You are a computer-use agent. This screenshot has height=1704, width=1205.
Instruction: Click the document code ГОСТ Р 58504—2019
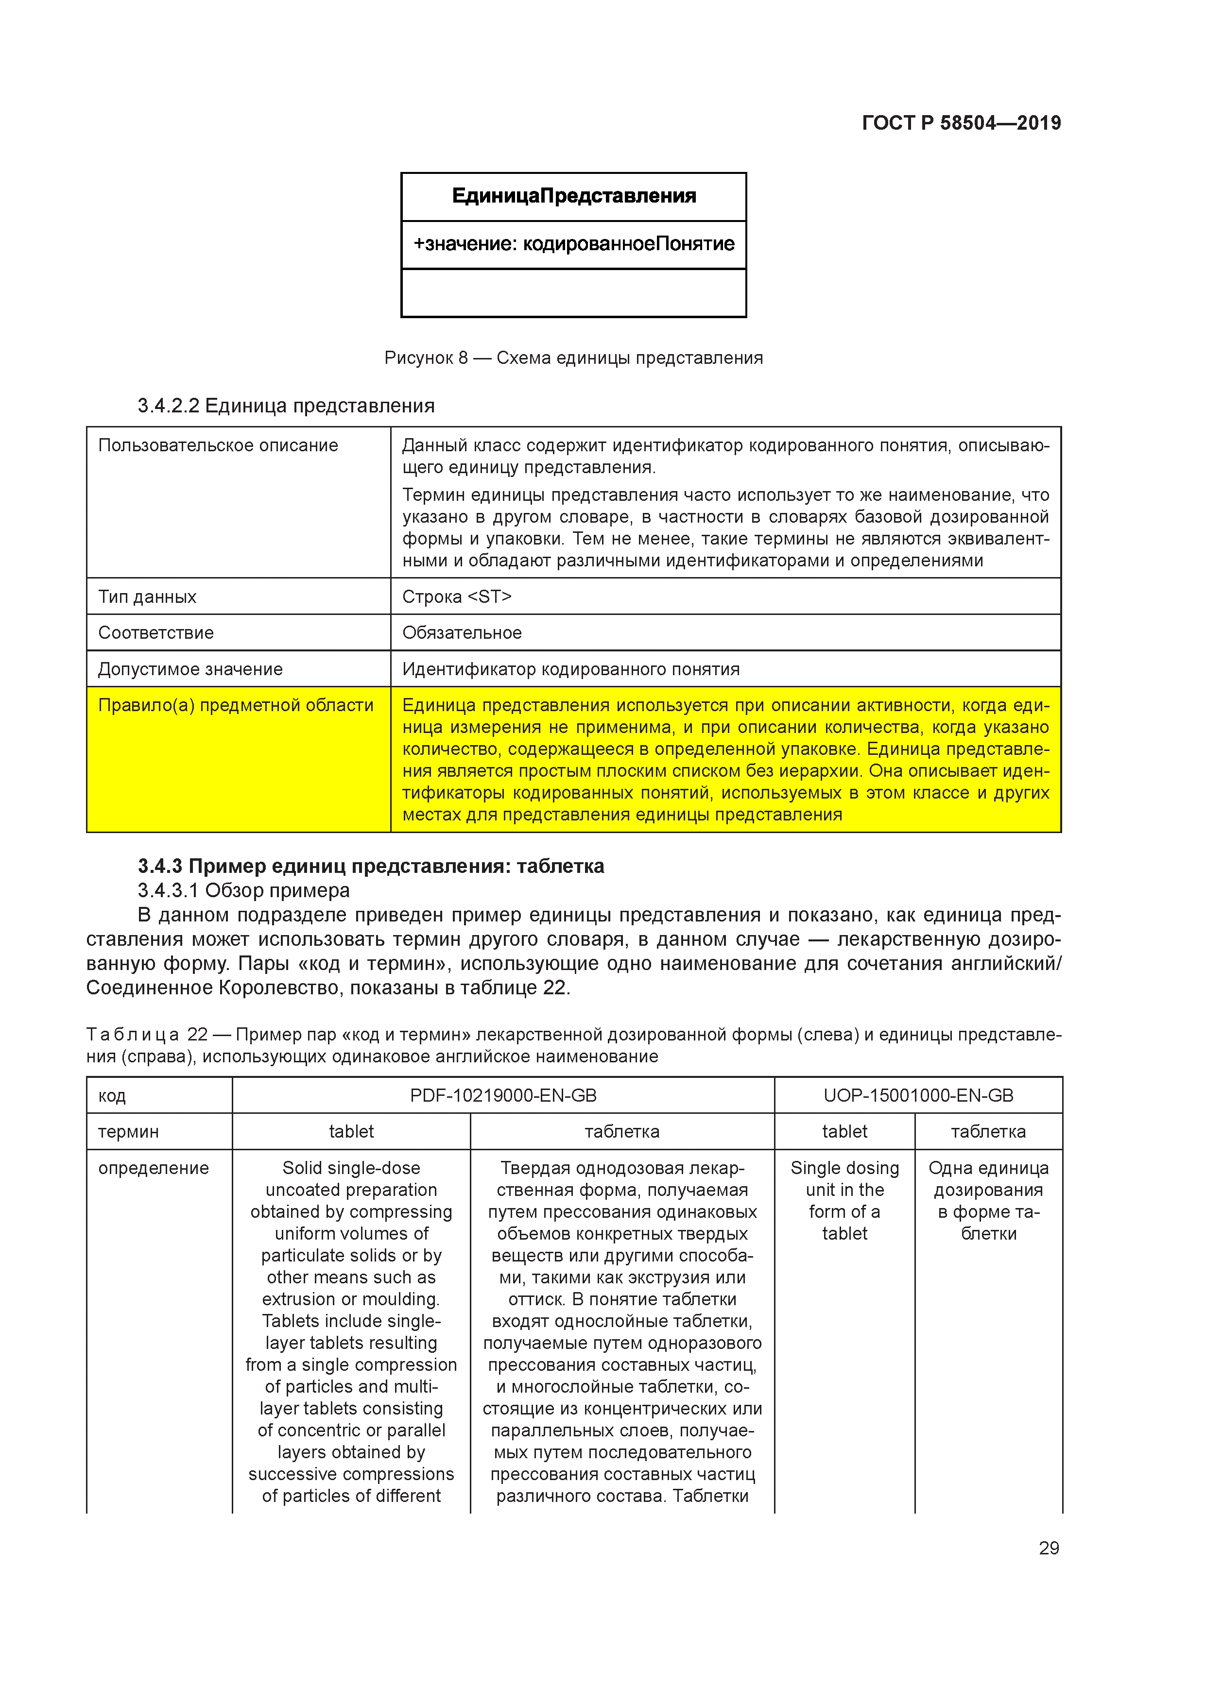click(x=961, y=123)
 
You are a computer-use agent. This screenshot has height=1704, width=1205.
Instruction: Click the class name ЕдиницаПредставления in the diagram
click(x=573, y=196)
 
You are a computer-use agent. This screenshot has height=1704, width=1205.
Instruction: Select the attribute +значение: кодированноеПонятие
click(x=573, y=244)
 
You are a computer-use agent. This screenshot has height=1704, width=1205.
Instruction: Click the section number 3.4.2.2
click(x=169, y=406)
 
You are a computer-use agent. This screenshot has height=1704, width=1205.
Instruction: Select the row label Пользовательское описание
click(x=218, y=445)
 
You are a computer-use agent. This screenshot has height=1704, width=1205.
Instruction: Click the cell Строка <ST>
click(x=457, y=596)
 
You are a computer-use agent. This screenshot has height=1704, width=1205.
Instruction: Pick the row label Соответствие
click(x=156, y=633)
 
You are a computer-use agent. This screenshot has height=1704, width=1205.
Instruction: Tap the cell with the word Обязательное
click(x=462, y=633)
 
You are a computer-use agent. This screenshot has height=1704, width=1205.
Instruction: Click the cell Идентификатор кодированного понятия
click(x=571, y=669)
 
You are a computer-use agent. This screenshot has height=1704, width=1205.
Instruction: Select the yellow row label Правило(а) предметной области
click(x=235, y=706)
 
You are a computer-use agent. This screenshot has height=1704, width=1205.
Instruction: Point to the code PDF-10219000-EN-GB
click(x=502, y=1095)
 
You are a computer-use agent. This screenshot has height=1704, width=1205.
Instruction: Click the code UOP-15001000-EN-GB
click(x=918, y=1095)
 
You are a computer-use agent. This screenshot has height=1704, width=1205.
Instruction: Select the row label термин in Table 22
click(x=128, y=1132)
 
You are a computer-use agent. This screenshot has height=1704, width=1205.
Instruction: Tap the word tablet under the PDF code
click(x=351, y=1132)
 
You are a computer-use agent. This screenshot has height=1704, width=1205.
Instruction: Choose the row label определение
click(x=154, y=1168)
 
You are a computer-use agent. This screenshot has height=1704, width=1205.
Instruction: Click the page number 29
click(x=1049, y=1548)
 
